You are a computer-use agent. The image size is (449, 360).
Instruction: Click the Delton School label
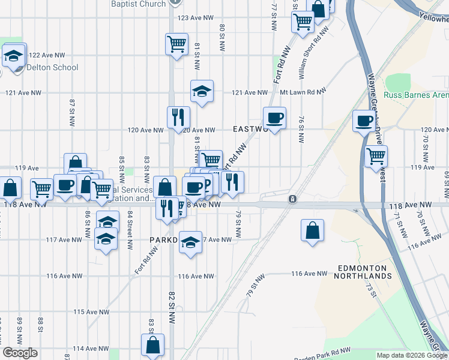point(52,67)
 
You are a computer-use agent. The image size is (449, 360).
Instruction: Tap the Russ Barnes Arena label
point(417,95)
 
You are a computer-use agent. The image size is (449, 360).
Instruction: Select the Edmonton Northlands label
point(364,272)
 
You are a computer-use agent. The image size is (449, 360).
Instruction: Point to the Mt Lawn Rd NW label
point(303,92)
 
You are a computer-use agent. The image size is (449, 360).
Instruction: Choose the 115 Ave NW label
point(91,312)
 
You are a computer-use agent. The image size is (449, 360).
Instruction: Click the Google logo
point(20,353)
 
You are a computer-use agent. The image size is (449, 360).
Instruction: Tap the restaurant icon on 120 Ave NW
point(178,117)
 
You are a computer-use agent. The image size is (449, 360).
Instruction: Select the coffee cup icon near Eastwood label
point(274,118)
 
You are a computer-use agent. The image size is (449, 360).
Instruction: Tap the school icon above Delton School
point(13,56)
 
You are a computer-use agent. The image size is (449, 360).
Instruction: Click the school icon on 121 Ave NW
point(202,91)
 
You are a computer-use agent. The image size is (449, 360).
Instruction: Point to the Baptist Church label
point(138,4)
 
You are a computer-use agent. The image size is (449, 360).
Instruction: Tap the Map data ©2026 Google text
point(411,355)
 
